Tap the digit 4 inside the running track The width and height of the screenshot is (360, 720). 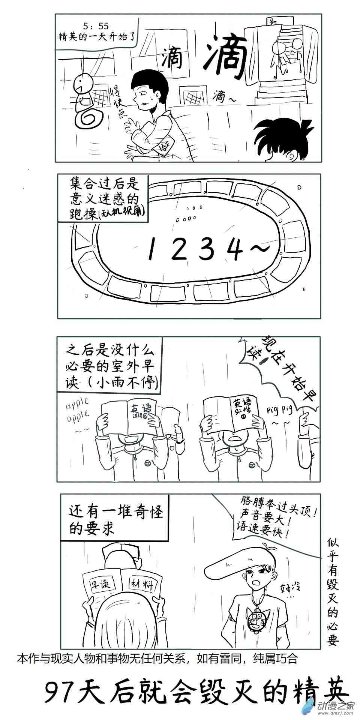[236, 249]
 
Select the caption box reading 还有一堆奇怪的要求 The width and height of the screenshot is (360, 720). [114, 518]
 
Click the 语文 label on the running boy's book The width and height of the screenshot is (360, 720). [164, 144]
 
